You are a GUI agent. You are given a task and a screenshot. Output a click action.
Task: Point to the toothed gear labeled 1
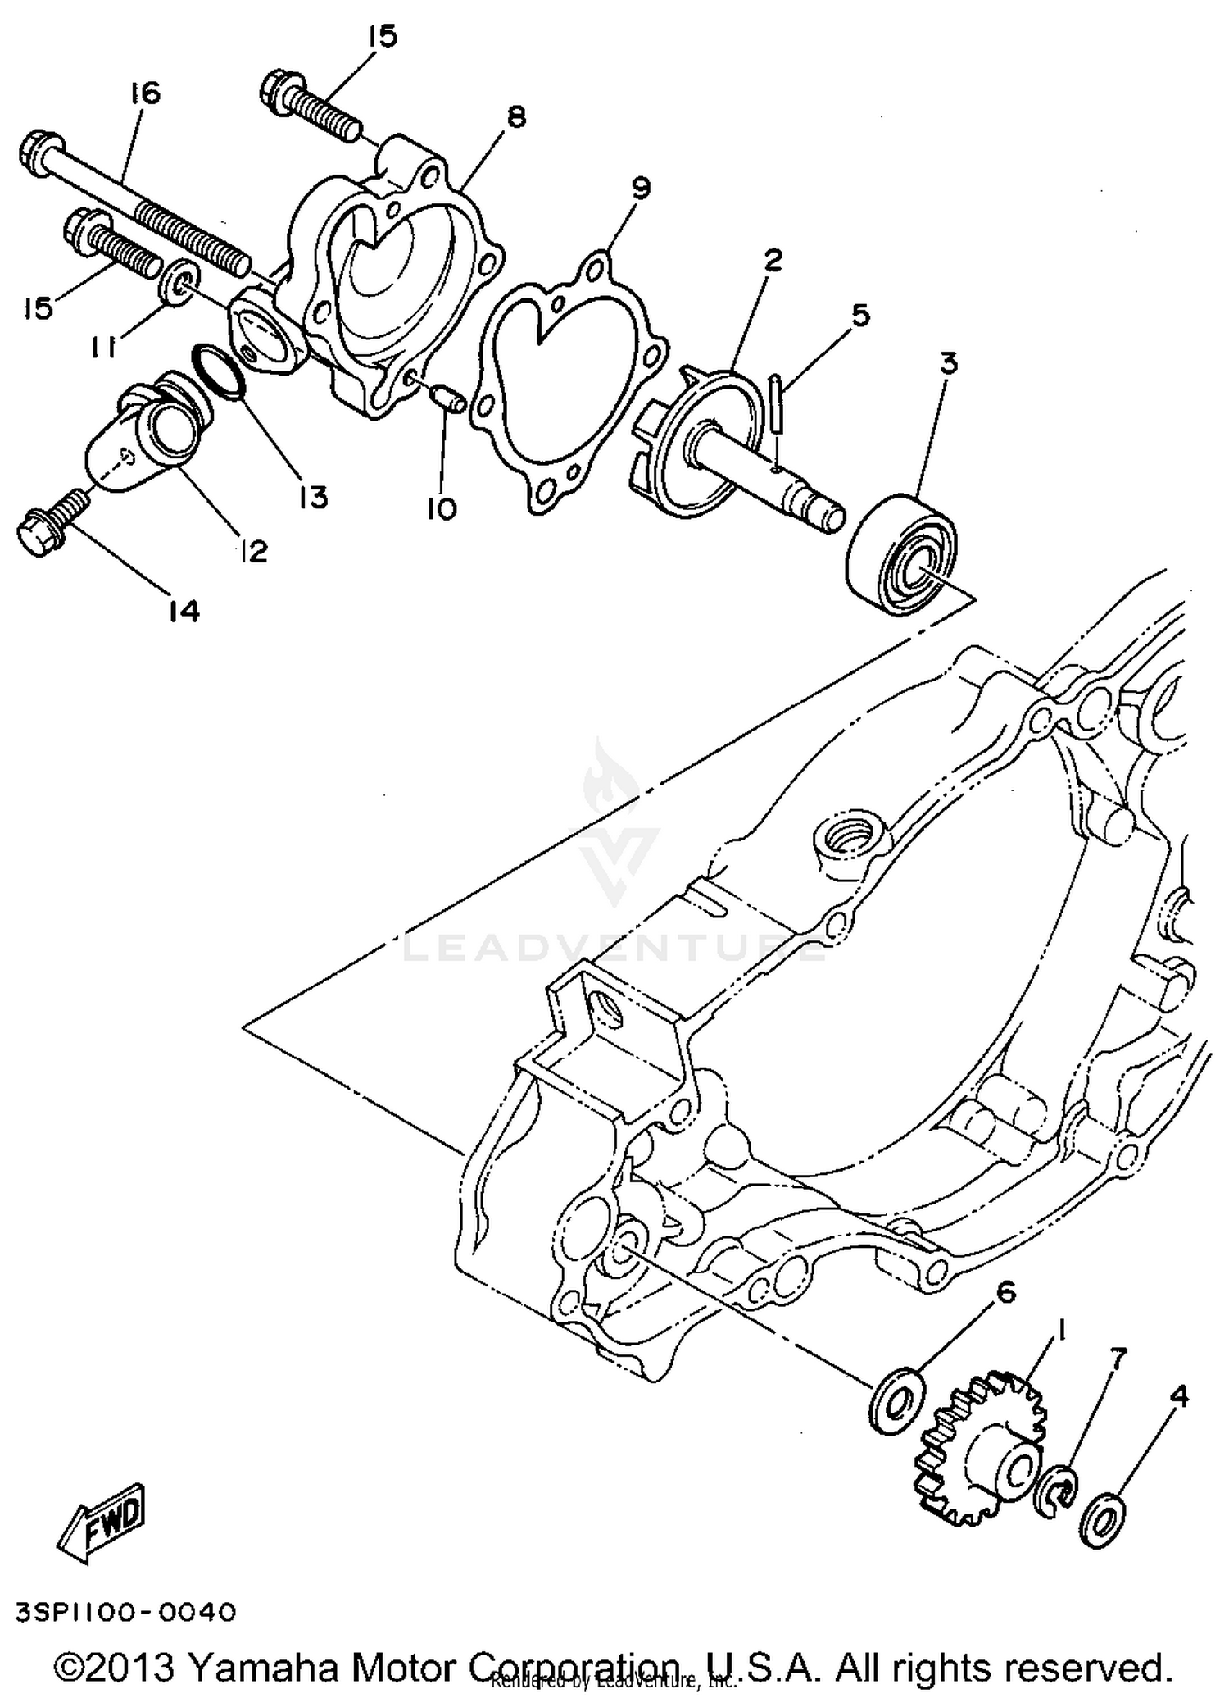point(983,1454)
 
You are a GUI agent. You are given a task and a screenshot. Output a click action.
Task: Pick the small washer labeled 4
point(1104,1519)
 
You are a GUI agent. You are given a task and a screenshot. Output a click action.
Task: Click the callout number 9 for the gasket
point(640,189)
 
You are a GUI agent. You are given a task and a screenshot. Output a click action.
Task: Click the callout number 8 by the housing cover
point(515,116)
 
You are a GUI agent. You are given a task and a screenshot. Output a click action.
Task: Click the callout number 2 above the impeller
point(773,261)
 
